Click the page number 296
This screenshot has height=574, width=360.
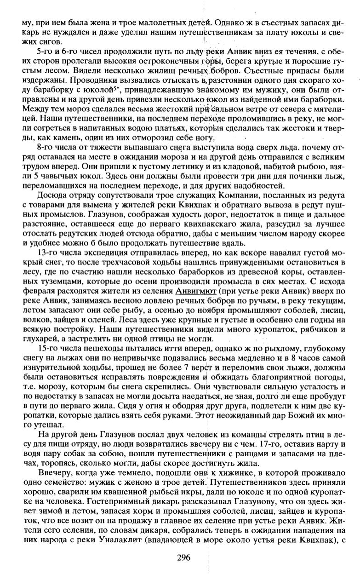(x=183, y=558)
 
